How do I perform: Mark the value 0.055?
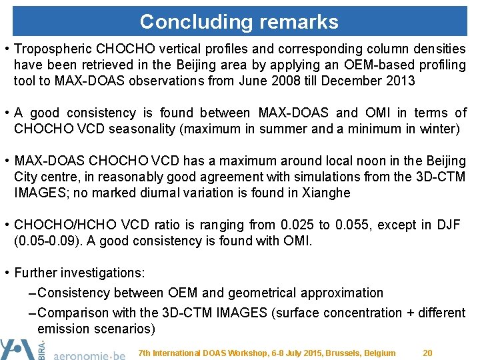click(351, 225)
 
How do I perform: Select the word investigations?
click(107, 273)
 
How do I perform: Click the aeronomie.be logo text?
click(89, 353)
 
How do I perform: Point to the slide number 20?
click(428, 353)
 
